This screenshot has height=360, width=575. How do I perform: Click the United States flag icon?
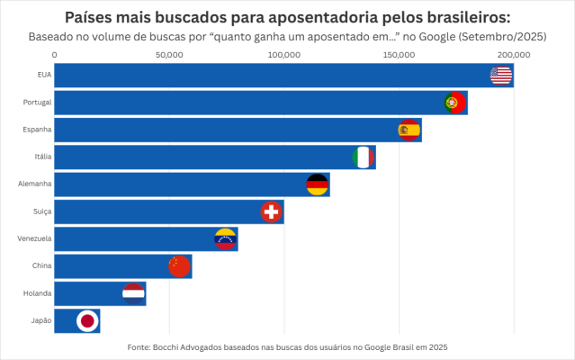[501, 76]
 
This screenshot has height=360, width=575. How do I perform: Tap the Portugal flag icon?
[455, 103]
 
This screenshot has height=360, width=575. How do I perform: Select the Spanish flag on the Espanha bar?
[409, 130]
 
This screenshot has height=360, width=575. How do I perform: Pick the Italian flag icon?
[363, 157]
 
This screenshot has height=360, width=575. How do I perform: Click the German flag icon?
[318, 184]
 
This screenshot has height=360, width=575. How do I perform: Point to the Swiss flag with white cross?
[271, 211]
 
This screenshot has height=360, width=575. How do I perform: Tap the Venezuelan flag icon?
[225, 239]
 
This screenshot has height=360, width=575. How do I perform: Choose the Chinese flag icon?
[179, 266]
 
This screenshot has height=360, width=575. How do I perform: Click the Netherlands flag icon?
[133, 293]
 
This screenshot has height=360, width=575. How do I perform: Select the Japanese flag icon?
[87, 320]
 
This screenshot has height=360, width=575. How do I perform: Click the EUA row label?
[44, 76]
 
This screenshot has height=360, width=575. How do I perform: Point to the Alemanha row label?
[35, 184]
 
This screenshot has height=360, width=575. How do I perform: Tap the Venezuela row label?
[34, 239]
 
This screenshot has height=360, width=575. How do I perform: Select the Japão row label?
[40, 320]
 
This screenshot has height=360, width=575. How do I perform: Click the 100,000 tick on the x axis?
[283, 55]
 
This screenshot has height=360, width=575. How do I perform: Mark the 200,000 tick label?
[513, 55]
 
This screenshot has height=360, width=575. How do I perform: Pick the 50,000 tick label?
[169, 55]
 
